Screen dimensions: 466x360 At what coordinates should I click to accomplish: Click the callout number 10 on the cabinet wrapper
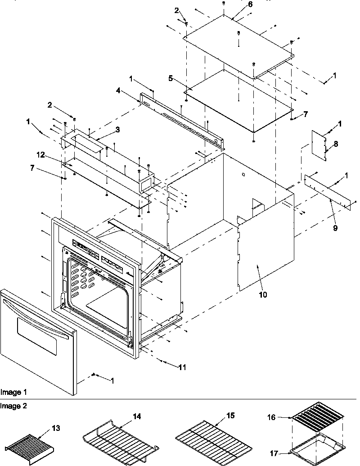point(262,295)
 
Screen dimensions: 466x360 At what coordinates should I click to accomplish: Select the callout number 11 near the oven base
point(181,367)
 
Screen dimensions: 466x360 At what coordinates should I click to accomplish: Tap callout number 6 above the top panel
point(238,4)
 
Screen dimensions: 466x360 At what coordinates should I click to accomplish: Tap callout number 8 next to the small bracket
point(335,144)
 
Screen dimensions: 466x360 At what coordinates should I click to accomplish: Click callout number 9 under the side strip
point(335,228)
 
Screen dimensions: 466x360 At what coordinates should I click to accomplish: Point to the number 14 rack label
point(136,417)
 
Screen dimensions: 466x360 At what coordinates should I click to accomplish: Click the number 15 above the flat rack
point(230,415)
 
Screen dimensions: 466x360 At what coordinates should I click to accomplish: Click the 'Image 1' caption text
point(13,392)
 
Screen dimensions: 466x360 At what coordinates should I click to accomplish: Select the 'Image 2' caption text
point(13,405)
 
